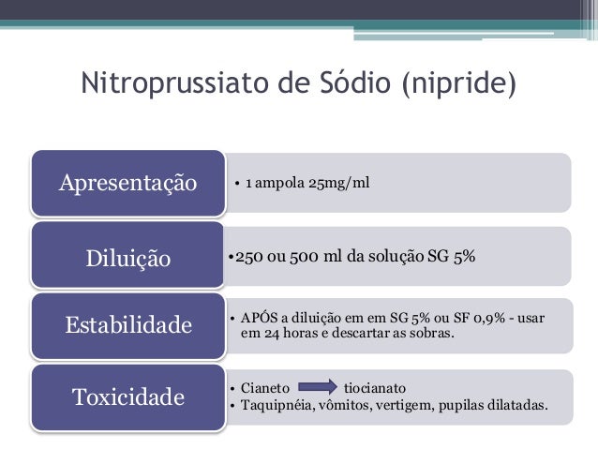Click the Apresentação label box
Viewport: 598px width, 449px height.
pyautogui.click(x=128, y=182)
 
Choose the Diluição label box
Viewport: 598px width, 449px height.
pyautogui.click(x=128, y=256)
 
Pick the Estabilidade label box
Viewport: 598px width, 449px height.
pyautogui.click(x=128, y=325)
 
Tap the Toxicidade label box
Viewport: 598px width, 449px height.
pyautogui.click(x=128, y=397)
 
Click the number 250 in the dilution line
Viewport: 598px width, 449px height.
pyautogui.click(x=248, y=255)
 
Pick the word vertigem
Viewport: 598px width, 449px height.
pyautogui.click(x=411, y=405)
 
